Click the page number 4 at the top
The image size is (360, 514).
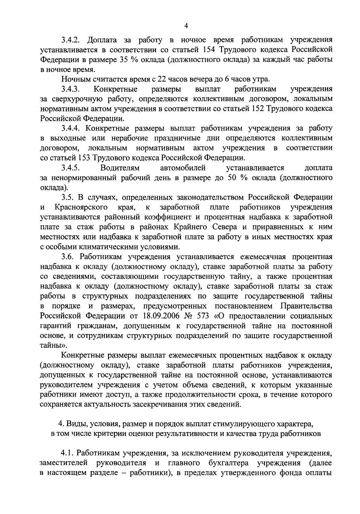tap(186, 26)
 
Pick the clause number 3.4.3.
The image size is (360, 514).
tap(70, 89)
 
